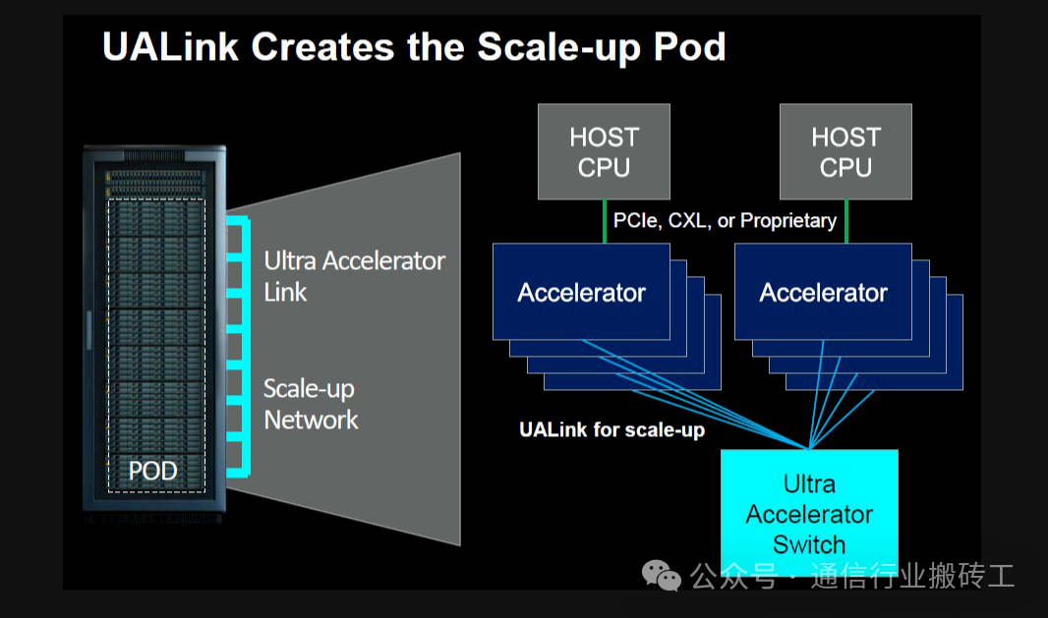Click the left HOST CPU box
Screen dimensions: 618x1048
(604, 151)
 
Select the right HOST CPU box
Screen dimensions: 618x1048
(845, 151)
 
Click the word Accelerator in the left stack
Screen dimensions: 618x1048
(581, 293)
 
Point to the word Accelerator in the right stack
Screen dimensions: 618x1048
(823, 293)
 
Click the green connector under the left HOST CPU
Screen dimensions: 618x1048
(604, 221)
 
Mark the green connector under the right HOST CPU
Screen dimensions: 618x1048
(845, 221)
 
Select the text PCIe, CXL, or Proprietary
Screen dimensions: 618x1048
(725, 221)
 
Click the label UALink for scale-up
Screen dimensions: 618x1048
(611, 429)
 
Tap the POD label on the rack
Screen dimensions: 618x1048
(153, 472)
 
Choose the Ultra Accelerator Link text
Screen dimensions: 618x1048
(354, 276)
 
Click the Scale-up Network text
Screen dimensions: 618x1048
(311, 404)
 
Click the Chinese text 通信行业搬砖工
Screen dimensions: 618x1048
(911, 576)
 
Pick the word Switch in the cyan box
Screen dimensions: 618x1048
(809, 544)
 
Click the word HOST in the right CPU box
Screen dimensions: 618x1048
(845, 137)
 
